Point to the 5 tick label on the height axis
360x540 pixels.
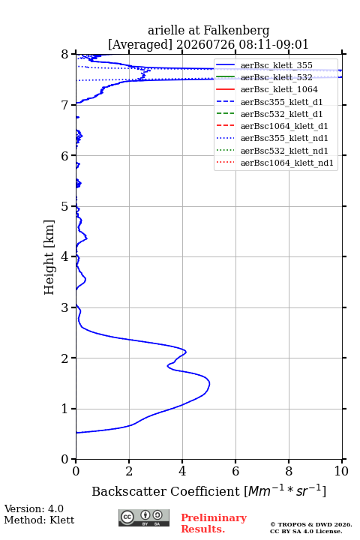[64, 207]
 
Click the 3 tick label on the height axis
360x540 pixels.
[64, 307]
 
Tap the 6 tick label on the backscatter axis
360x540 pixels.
[235, 471]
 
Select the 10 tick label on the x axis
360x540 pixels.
[341, 471]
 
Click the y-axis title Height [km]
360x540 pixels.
[49, 257]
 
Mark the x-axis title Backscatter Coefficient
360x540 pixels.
[166, 491]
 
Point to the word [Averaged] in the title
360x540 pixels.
[140, 45]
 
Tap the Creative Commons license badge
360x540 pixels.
[144, 518]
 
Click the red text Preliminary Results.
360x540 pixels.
[214, 523]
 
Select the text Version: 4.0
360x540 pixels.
[34, 508]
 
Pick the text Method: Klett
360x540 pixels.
[39, 520]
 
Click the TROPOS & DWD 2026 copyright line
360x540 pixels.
[311, 524]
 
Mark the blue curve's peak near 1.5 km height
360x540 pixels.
[209, 384]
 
